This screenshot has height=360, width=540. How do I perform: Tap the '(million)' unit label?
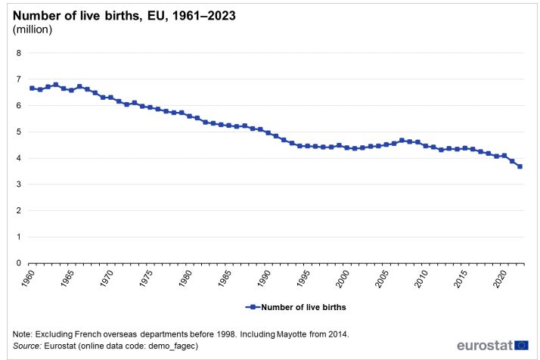[x=33, y=29]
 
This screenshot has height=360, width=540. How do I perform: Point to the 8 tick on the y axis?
[x=19, y=53]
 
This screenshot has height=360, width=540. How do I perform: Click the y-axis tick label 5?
[x=19, y=132]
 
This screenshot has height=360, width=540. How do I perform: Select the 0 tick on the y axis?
[x=19, y=263]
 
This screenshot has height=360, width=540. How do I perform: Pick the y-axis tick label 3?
[x=19, y=185]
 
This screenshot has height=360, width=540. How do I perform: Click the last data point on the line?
[x=520, y=166]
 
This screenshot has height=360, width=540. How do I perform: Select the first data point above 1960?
[x=32, y=88]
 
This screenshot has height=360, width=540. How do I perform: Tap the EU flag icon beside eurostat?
[x=522, y=345]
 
